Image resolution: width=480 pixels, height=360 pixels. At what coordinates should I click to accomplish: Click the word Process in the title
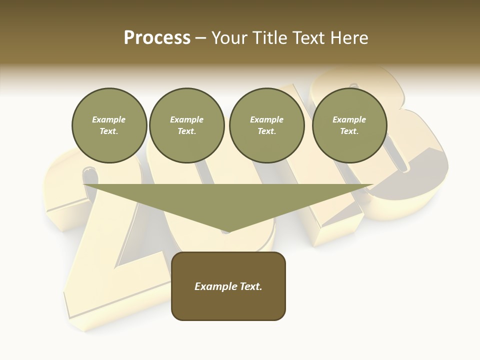pyautogui.click(x=157, y=38)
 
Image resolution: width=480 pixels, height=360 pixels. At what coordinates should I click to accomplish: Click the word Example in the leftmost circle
pyautogui.click(x=109, y=119)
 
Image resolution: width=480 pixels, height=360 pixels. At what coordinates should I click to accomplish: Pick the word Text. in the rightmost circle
pyautogui.click(x=349, y=131)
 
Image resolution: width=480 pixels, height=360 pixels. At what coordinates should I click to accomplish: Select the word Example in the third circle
pyautogui.click(x=267, y=119)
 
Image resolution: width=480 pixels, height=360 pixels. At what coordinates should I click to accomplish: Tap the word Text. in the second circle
pyautogui.click(x=187, y=131)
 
